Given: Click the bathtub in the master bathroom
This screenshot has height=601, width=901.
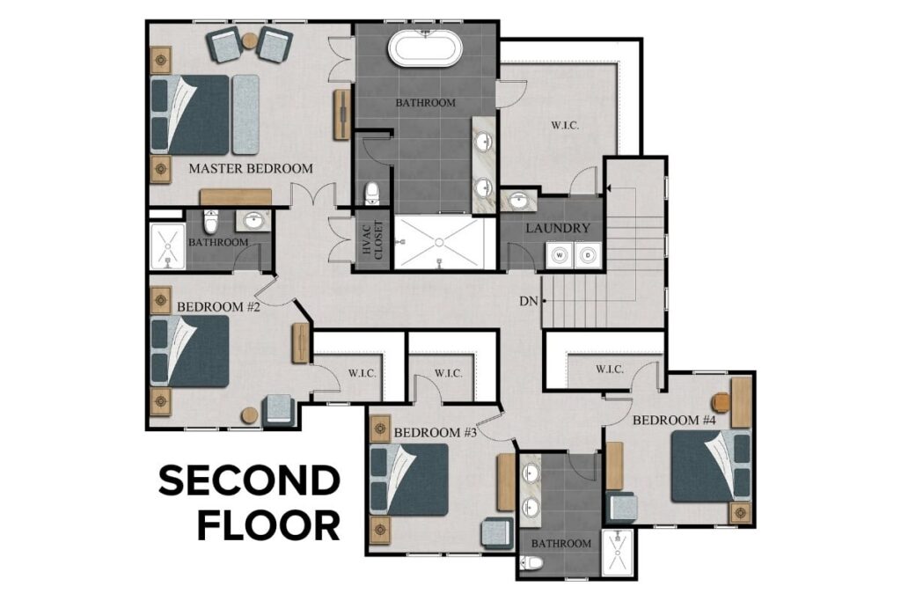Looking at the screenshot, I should tap(426, 48).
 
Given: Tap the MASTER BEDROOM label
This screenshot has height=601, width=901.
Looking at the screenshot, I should tap(250, 168).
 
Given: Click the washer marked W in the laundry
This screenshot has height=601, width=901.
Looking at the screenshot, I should tap(558, 256).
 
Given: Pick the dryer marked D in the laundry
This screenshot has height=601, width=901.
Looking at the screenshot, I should tap(586, 256).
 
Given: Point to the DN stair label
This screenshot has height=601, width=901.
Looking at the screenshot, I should tap(528, 301).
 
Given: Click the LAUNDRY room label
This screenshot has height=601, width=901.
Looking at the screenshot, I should tap(557, 228).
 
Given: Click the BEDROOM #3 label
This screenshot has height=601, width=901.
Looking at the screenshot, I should tap(435, 432).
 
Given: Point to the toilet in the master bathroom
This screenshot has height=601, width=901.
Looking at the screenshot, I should tap(371, 193).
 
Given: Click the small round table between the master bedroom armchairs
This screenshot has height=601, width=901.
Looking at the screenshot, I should tap(250, 40).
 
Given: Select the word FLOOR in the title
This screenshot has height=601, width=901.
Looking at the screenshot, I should tap(268, 525).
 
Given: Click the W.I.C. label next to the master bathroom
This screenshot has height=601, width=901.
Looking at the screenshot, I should tap(564, 126).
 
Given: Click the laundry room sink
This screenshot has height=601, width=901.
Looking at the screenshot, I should tap(517, 202).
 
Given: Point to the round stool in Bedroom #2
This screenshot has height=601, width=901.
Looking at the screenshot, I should tap(250, 414).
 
